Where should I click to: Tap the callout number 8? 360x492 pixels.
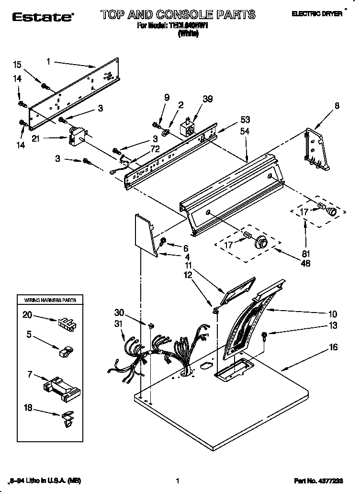tap(337, 106)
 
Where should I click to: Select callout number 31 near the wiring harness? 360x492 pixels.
tap(119, 324)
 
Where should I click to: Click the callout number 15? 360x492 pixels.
tap(17, 65)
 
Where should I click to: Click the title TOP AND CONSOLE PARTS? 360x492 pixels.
tap(178, 15)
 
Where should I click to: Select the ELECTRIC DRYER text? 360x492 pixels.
tap(317, 14)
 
